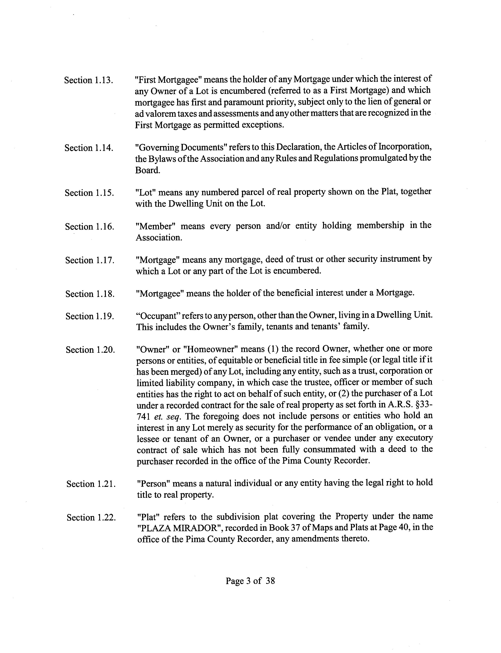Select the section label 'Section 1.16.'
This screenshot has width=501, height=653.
pyautogui.click(x=89, y=227)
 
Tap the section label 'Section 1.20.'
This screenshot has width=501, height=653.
pyautogui.click(x=90, y=350)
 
